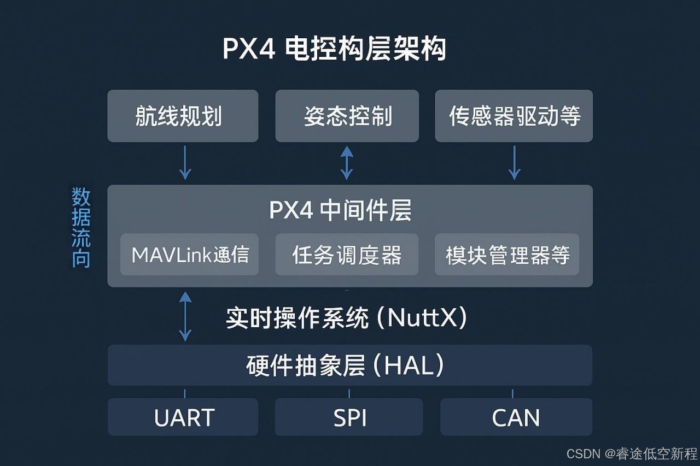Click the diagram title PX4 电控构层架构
(334, 49)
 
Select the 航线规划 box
(183, 116)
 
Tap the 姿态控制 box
(347, 116)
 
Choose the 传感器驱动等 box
(514, 116)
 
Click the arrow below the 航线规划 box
(185, 162)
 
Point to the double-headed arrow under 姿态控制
(347, 162)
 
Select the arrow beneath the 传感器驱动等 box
(514, 162)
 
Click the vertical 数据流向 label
(81, 228)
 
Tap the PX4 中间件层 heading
(340, 210)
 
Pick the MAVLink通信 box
(190, 255)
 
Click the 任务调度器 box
(347, 255)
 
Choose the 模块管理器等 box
(507, 255)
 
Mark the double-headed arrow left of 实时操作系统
(185, 316)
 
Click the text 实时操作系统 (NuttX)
(347, 317)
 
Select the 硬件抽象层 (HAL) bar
(349, 365)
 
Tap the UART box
(184, 417)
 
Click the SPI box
(349, 417)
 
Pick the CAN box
(516, 417)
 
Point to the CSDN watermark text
(632, 453)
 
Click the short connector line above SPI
(349, 393)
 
